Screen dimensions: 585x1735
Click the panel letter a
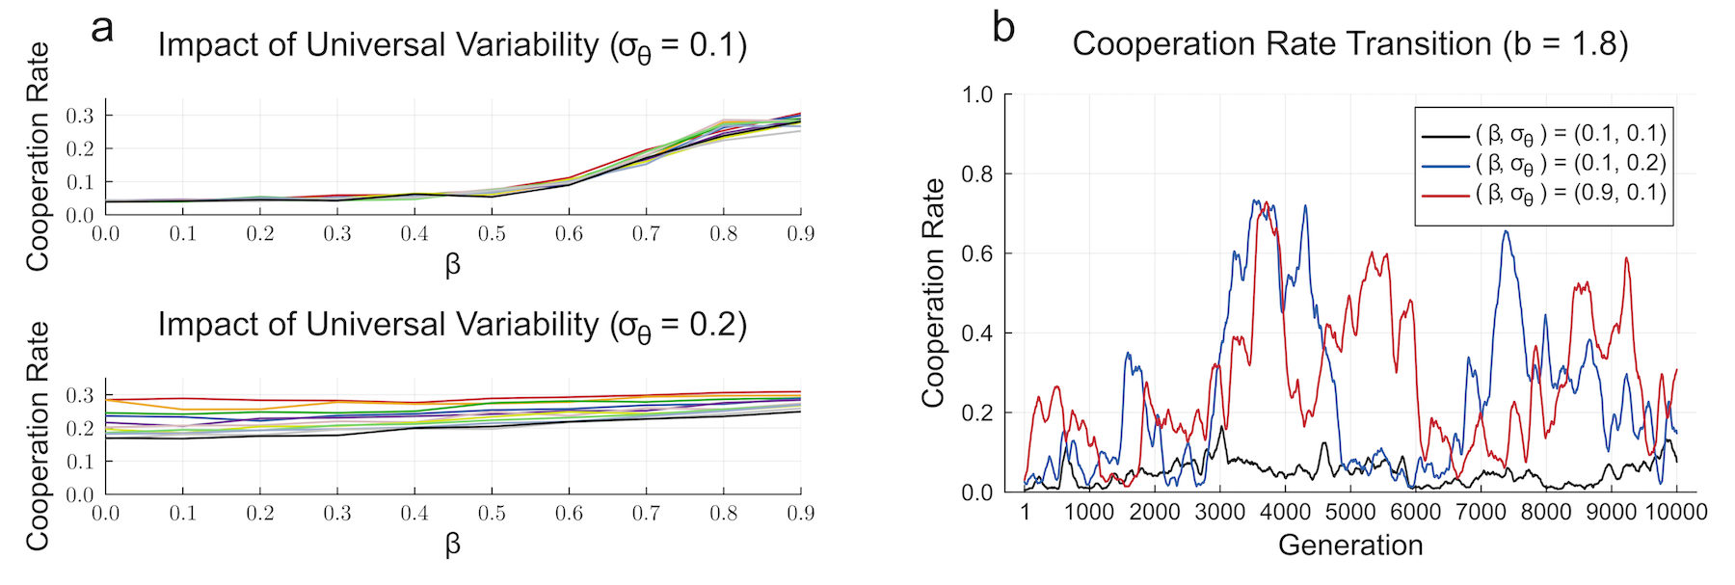102,28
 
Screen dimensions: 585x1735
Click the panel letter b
1003,27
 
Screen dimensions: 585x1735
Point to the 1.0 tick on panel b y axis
977,94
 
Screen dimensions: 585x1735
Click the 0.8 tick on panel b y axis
977,174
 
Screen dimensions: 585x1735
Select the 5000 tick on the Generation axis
1350,512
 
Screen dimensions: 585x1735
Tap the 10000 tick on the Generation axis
1675,512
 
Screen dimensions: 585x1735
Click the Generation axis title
1350,545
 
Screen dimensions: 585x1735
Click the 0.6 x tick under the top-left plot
569,234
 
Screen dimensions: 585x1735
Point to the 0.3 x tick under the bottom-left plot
337,514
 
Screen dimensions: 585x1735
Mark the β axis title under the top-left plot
453,264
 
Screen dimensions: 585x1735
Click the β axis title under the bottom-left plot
453,545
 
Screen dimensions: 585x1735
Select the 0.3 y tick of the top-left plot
80,117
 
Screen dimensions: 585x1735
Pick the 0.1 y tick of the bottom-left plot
80,462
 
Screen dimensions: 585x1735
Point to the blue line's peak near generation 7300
1506,231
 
